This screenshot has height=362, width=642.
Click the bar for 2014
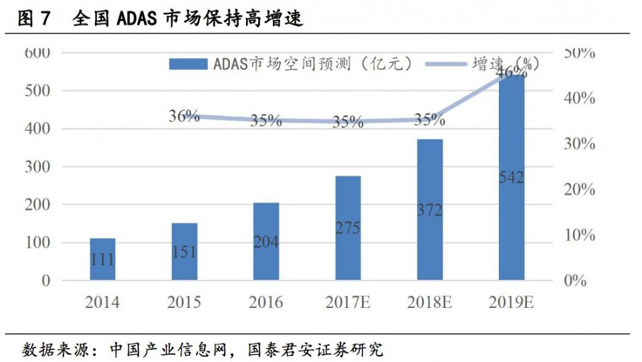(x=102, y=259)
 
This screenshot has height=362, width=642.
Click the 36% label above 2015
(x=184, y=116)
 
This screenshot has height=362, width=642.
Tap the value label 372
(x=430, y=210)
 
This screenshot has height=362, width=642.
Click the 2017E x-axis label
(x=348, y=303)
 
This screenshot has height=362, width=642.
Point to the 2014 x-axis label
(x=102, y=303)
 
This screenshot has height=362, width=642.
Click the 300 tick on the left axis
(x=37, y=166)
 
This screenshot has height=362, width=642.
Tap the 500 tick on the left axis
(x=37, y=90)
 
